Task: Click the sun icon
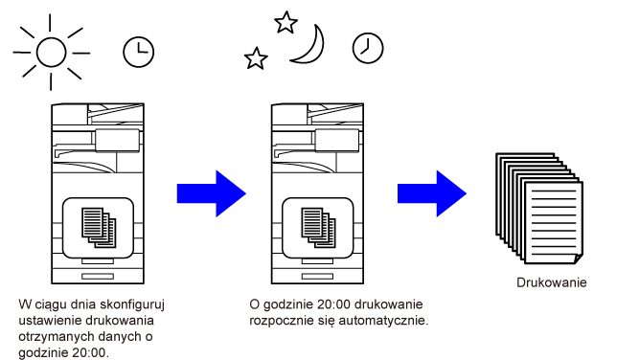(x=52, y=53)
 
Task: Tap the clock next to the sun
(x=139, y=52)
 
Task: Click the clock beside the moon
(x=368, y=48)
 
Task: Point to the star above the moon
(x=285, y=22)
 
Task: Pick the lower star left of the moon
(x=256, y=58)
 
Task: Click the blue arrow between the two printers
(x=212, y=193)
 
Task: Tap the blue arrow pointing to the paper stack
(x=432, y=193)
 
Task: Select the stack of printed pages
(x=539, y=208)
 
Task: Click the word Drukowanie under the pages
(x=552, y=282)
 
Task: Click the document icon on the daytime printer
(x=99, y=228)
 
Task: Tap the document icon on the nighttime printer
(x=318, y=228)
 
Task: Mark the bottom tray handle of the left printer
(x=98, y=277)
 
